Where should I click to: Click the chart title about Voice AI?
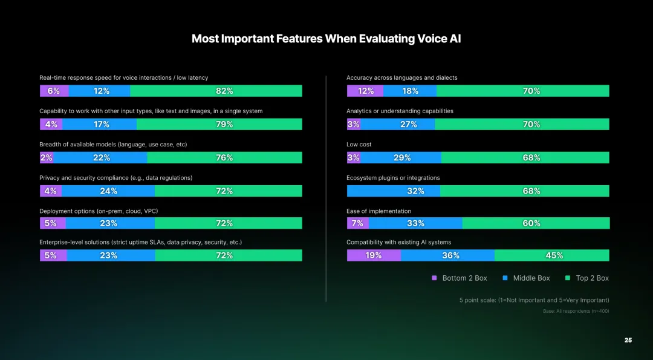pos(326,39)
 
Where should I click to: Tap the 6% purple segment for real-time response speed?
pos(54,91)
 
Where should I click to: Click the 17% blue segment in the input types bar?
pos(99,124)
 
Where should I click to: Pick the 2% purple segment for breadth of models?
pos(46,157)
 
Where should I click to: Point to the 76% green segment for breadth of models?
pos(224,157)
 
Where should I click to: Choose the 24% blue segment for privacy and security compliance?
pos(108,191)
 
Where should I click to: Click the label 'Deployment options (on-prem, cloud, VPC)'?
pos(99,211)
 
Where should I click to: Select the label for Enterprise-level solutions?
pos(140,242)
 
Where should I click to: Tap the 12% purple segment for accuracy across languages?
pos(365,91)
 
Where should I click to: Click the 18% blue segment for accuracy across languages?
pos(410,91)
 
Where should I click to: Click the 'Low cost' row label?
pos(359,145)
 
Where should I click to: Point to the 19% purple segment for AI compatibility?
pos(374,255)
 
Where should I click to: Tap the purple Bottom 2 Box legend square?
pos(434,278)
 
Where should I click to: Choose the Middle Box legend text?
pos(531,278)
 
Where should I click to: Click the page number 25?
pos(628,341)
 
